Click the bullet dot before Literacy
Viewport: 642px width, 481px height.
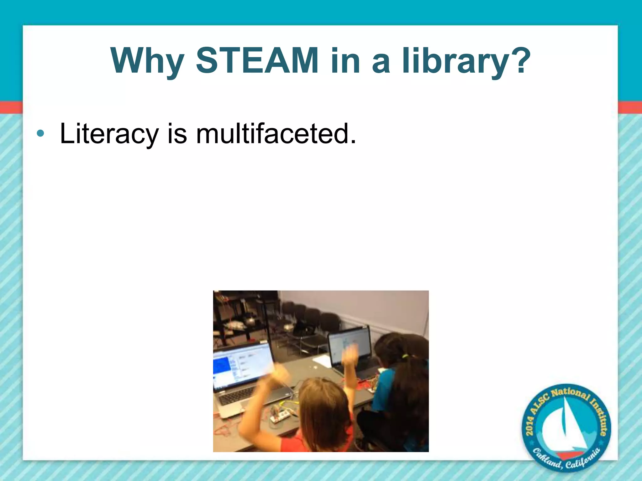[40, 133]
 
